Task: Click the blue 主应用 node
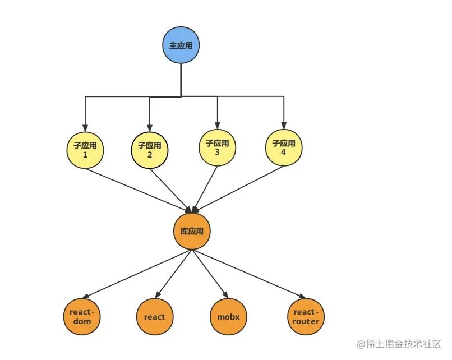(181, 45)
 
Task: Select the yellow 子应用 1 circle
(85, 149)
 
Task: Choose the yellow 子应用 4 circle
(283, 147)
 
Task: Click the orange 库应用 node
(191, 231)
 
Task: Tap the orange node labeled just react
(154, 316)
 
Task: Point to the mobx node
(228, 316)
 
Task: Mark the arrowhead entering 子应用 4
(283, 124)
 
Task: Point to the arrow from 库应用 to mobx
(212, 275)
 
